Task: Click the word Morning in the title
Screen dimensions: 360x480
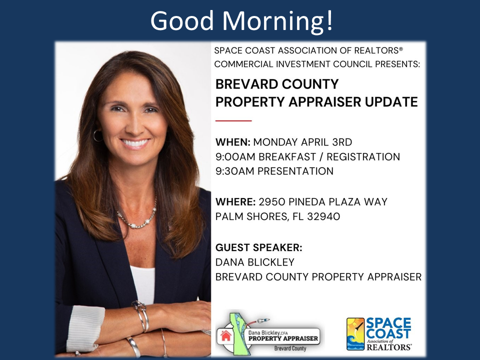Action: [x=277, y=21]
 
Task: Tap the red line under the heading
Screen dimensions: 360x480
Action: [x=233, y=120]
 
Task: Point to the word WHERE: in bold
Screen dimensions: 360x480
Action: [x=235, y=202]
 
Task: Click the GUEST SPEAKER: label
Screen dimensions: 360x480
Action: [x=259, y=247]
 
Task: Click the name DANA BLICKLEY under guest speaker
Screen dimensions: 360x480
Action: [x=255, y=262]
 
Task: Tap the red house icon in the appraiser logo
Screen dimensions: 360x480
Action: [x=226, y=335]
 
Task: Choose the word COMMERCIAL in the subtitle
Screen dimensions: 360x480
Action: [x=245, y=64]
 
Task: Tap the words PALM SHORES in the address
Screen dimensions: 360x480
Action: [x=248, y=217]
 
